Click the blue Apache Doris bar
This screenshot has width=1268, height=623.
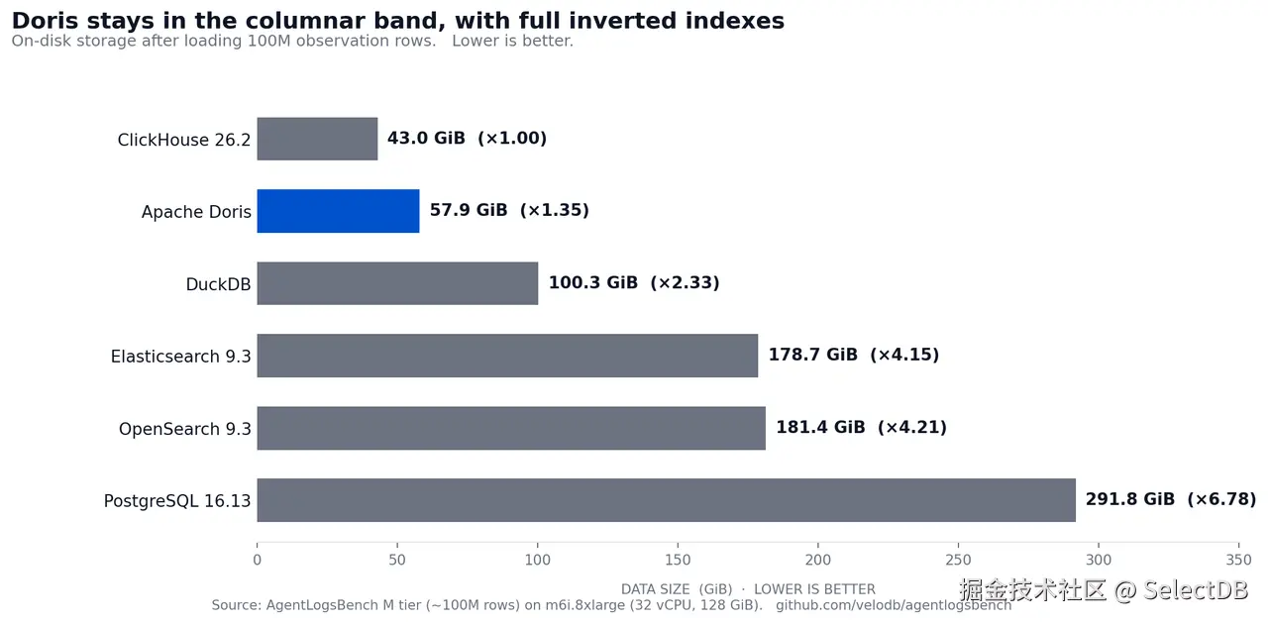338,211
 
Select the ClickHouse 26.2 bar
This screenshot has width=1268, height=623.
317,139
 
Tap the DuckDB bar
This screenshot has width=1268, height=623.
397,283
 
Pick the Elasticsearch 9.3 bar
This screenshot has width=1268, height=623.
507,356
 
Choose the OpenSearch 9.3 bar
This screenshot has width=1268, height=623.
511,428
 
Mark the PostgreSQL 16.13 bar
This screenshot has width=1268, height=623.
667,500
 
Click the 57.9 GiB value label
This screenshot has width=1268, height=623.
469,210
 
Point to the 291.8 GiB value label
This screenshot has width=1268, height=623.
1130,499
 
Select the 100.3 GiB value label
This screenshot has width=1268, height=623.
593,282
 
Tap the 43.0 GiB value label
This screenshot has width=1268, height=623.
426,138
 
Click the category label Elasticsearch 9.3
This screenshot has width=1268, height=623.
180,357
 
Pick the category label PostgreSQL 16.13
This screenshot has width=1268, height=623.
177,501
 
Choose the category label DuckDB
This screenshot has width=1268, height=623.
218,284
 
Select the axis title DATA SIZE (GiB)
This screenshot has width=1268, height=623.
677,589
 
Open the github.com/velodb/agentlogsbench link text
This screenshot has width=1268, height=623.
894,605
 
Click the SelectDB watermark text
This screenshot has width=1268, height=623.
1196,590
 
